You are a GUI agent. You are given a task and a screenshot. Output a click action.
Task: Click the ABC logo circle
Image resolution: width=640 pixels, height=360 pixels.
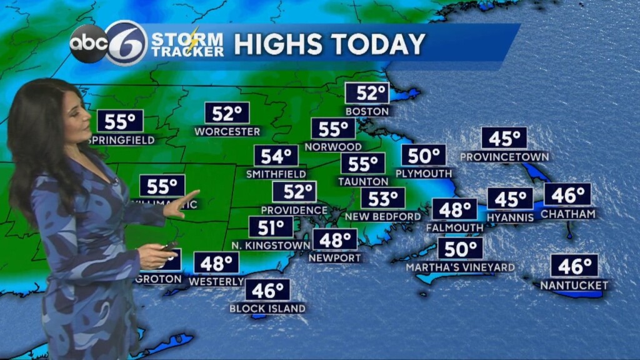pos(88,44)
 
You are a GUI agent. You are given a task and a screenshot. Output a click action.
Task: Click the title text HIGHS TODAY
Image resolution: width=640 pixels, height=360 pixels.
pos(329,44)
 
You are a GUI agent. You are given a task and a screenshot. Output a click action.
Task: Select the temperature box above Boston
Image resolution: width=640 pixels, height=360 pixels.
pos(367,94)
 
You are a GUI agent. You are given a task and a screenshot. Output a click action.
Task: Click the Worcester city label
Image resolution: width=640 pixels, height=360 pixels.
pos(227,131)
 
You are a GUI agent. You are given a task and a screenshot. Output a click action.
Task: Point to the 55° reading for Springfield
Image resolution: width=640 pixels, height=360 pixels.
pos(120,121)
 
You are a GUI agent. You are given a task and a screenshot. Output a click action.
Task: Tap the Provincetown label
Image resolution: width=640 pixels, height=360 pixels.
pos(504,156)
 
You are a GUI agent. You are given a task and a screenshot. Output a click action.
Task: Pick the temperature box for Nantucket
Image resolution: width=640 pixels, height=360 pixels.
pos(574,266)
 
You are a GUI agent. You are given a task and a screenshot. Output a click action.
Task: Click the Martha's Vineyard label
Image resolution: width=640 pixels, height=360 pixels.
pos(461,267)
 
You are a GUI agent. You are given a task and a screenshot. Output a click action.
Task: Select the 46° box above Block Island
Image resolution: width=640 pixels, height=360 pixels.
pos(267,290)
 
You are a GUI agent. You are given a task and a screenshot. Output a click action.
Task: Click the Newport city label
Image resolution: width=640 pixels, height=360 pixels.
pos(335,258)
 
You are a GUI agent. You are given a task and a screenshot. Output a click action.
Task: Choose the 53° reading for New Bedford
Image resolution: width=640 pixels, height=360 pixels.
pos(382,199)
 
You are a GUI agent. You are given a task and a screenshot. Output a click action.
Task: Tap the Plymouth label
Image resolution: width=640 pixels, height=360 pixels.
pos(424,173)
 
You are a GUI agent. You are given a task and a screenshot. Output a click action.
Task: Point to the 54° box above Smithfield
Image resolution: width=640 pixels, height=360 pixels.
pos(276,156)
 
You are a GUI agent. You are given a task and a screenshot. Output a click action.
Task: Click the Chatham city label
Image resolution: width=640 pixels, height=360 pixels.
pos(568,214)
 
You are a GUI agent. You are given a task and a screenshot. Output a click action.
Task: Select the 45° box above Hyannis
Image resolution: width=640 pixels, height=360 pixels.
pos(510,199)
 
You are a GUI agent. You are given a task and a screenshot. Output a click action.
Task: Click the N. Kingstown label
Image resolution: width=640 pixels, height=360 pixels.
pos(271,246)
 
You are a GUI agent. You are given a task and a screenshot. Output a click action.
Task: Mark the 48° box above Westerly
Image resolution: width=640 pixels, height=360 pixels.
pos(216,263)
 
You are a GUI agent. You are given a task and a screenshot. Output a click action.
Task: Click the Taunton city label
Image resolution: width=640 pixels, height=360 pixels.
pos(363,181)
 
